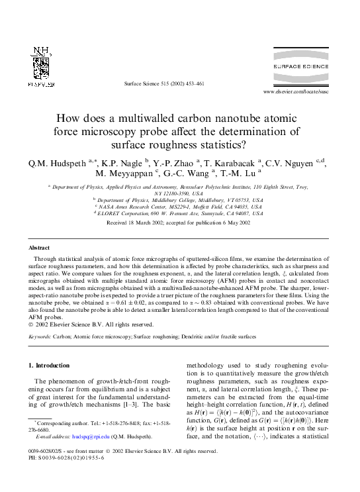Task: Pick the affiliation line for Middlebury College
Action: (x=179, y=198)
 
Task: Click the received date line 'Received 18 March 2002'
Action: (x=179, y=223)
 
